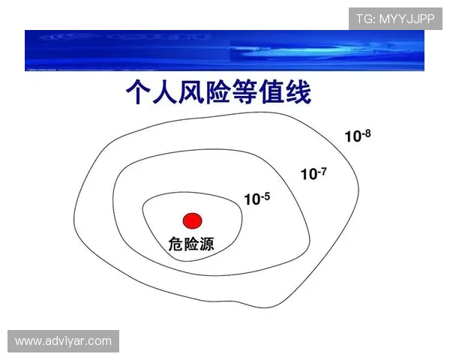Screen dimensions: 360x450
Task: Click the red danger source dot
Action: pyautogui.click(x=193, y=220)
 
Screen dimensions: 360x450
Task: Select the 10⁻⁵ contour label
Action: pyautogui.click(x=256, y=199)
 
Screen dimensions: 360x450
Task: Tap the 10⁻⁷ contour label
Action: pyautogui.click(x=313, y=174)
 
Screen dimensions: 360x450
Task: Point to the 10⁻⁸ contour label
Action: pyautogui.click(x=358, y=136)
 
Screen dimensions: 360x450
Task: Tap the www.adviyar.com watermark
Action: pyautogui.click(x=63, y=342)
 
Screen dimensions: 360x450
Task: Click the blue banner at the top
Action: pyautogui.click(x=225, y=50)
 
